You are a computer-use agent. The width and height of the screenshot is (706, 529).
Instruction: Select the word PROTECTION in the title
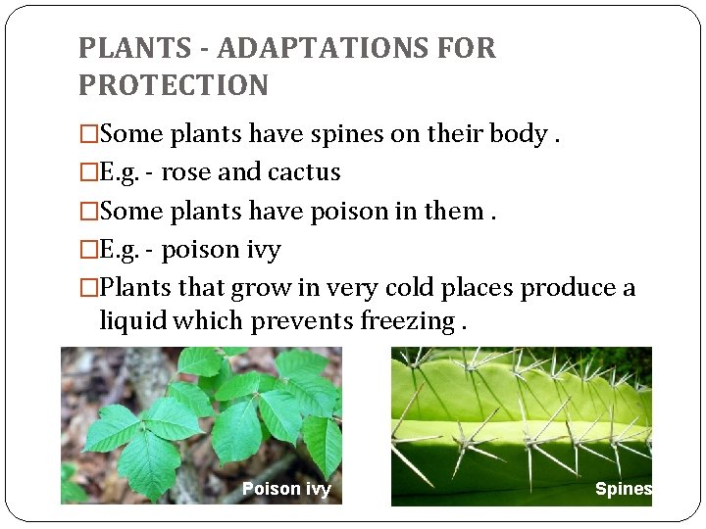[x=174, y=85]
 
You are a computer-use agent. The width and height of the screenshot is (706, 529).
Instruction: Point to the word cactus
[x=304, y=172]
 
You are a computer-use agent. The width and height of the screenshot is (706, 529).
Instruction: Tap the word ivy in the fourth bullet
[x=263, y=251]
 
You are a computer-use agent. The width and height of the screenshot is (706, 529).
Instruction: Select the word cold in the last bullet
[x=386, y=289]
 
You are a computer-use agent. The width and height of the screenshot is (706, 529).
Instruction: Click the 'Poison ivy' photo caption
[x=286, y=489]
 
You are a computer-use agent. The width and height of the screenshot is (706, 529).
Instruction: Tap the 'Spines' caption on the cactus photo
[x=623, y=489]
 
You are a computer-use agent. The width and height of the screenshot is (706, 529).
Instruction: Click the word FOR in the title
[x=471, y=48]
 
